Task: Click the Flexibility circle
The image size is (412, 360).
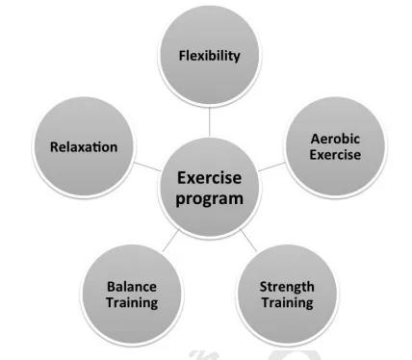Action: (x=209, y=55)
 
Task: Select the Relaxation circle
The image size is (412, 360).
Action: (x=84, y=146)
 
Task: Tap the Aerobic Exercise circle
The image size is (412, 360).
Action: (x=335, y=146)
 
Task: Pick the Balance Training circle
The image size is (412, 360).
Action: (x=132, y=295)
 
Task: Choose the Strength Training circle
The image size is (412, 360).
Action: (x=287, y=295)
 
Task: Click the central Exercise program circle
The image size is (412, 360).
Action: (x=209, y=188)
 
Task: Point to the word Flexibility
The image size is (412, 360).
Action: (x=209, y=56)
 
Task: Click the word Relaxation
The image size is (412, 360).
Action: (x=84, y=147)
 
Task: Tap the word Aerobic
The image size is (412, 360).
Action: (x=335, y=139)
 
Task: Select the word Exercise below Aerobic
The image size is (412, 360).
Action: (x=335, y=155)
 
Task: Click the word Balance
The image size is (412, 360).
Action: (x=132, y=287)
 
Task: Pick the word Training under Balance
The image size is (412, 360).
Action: (x=132, y=303)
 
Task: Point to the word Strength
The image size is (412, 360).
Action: (x=287, y=287)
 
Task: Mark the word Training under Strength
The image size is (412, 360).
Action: (x=288, y=303)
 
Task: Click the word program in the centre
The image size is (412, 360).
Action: (x=209, y=199)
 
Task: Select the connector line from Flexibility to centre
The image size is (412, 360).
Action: (x=209, y=121)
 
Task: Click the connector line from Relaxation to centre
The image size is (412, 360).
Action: (x=146, y=167)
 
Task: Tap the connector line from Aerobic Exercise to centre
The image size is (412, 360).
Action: (x=271, y=167)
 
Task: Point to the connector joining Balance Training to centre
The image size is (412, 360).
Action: (x=170, y=241)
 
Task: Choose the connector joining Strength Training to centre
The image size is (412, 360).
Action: (x=248, y=241)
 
